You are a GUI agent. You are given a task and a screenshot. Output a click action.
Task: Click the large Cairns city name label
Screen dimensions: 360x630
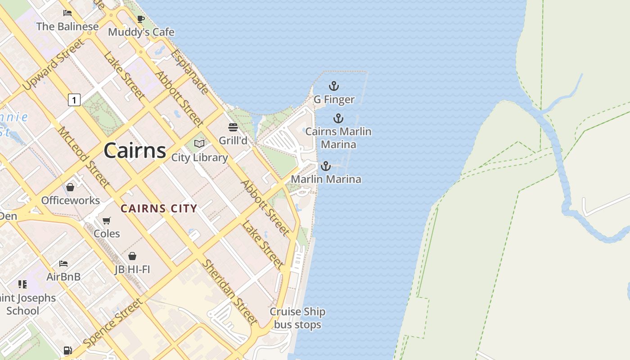tap(135, 150)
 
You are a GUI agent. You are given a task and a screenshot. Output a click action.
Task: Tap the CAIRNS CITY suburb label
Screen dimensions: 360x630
tap(159, 208)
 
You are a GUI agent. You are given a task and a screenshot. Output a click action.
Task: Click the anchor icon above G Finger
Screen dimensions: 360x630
tap(333, 85)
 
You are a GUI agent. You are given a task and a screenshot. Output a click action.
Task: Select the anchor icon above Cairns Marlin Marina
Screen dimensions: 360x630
tap(338, 118)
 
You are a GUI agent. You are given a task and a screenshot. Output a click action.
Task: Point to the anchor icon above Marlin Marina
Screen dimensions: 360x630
tap(325, 166)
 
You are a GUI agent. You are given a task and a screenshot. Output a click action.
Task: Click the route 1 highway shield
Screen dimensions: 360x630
tap(74, 99)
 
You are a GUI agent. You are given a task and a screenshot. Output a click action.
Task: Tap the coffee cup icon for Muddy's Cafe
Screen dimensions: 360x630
tap(140, 19)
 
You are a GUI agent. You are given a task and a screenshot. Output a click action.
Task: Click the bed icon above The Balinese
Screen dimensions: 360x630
tap(67, 13)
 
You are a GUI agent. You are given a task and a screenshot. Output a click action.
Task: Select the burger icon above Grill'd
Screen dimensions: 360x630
tap(233, 127)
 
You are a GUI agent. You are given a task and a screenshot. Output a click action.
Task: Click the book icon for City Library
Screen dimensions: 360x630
tap(199, 144)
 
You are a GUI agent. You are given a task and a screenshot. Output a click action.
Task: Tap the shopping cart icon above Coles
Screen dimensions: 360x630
tap(107, 220)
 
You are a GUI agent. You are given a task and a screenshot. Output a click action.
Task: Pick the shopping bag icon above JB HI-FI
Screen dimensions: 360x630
tap(132, 256)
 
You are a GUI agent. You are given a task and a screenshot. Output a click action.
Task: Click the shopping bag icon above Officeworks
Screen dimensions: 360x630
tap(70, 187)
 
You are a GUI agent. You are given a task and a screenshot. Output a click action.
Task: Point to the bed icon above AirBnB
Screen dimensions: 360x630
tap(63, 263)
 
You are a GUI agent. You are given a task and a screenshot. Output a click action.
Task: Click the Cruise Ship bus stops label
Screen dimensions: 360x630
tap(297, 318)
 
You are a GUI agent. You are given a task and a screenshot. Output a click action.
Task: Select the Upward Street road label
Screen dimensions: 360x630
tap(53, 64)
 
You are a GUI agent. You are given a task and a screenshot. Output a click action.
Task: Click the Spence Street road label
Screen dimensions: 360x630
tap(113, 323)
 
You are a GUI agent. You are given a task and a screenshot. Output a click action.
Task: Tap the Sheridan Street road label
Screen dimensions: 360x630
tap(229, 292)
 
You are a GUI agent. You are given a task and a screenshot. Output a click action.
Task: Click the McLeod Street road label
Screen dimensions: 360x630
tap(83, 157)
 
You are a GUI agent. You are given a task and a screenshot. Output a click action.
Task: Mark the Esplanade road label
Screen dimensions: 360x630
tap(189, 71)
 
